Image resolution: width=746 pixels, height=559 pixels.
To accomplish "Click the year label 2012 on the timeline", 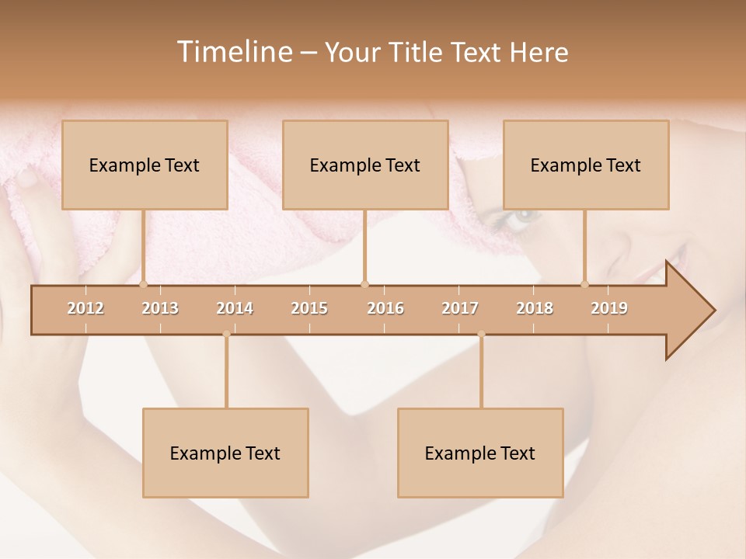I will (x=85, y=308).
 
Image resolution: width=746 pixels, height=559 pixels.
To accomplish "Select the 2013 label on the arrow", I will (x=160, y=308).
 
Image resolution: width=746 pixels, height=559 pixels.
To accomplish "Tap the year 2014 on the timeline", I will (x=235, y=308).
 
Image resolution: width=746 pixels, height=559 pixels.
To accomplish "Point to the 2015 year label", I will (x=309, y=308).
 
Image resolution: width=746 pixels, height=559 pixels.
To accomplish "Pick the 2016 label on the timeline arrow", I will (x=385, y=308).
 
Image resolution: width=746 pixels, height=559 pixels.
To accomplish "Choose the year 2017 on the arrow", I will (x=460, y=308).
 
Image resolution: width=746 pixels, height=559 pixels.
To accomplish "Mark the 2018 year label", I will (x=535, y=308).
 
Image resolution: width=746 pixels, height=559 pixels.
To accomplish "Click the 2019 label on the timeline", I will (x=609, y=308).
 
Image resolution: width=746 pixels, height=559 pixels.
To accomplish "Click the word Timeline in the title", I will (x=232, y=52).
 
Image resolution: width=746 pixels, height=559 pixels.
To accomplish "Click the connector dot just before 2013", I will (x=144, y=284).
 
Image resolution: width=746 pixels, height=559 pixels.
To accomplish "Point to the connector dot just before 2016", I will (x=364, y=284).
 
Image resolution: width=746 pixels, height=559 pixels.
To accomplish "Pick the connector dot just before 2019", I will (x=585, y=284).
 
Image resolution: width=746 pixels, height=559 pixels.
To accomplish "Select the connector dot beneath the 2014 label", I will (x=226, y=335).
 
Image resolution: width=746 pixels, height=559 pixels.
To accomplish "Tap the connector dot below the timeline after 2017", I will (x=481, y=335).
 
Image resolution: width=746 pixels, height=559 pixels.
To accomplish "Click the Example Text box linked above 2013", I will (x=145, y=165).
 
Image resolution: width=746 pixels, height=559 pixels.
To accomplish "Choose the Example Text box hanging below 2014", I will (x=225, y=453).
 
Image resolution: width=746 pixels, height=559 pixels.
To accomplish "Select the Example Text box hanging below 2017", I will (x=480, y=453).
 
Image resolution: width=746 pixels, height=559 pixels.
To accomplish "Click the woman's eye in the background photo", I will (x=521, y=214).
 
